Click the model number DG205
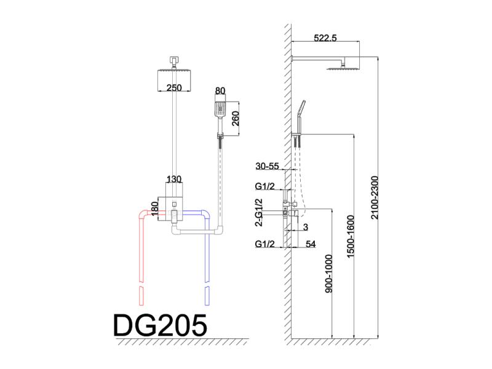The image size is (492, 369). pos(160,325)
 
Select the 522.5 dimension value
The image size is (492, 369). pos(325,38)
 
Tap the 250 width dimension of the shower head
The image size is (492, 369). pos(174,87)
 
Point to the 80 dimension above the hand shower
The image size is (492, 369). pos(220,90)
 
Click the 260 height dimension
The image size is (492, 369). pos(235,119)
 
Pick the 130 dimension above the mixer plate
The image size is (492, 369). pos(174,179)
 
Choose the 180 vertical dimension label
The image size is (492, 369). pos(154,208)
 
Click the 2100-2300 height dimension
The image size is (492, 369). pos(375,197)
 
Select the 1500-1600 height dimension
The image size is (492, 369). pos(350,236)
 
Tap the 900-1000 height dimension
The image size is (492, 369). pos(328,274)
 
